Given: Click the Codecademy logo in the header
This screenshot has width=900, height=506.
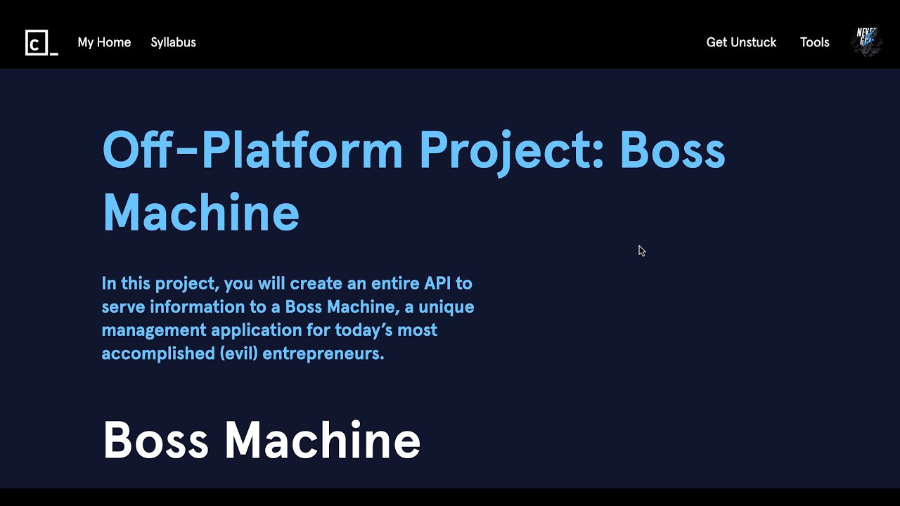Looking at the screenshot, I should click(x=41, y=43).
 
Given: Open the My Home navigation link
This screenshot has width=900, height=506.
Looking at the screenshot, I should click(x=104, y=42).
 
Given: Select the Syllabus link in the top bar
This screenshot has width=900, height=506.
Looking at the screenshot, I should click(x=173, y=42).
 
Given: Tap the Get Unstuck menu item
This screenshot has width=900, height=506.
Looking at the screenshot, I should click(x=741, y=42).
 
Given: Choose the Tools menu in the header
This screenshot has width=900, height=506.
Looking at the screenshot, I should click(x=814, y=42).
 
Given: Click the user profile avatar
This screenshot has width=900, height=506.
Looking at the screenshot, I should click(x=866, y=42).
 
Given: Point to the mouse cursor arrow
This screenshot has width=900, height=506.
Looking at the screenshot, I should click(x=641, y=250).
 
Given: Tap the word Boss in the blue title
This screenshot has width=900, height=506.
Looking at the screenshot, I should click(x=672, y=150).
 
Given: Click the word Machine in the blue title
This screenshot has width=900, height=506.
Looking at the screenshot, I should click(x=201, y=212).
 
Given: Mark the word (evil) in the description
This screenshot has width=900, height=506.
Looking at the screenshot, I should click(x=238, y=353).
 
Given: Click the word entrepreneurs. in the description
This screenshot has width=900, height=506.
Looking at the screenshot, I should click(x=323, y=353).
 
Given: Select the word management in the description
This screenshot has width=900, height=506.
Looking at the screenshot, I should click(x=153, y=330).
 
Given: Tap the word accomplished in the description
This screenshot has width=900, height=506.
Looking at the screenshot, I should click(x=157, y=353).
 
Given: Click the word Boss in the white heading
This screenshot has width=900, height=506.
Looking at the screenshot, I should click(x=155, y=441).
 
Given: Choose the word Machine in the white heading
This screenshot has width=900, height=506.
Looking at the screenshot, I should click(x=322, y=441).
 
